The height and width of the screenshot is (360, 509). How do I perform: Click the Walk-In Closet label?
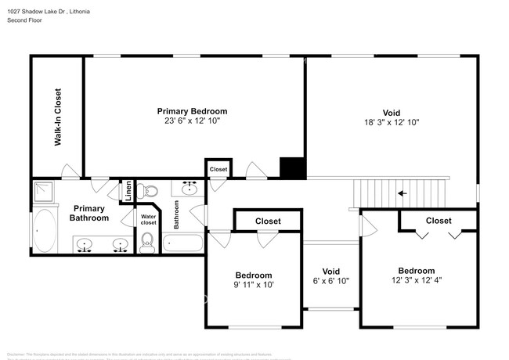click(x=58, y=118)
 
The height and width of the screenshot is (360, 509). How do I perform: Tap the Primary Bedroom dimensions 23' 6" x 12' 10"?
click(x=192, y=121)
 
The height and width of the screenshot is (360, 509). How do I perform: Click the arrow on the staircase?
click(x=403, y=193)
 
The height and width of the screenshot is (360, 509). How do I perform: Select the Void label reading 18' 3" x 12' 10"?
click(x=392, y=122)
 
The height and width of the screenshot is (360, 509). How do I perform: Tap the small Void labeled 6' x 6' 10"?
click(x=330, y=280)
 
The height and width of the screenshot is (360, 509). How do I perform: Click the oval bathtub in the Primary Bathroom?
click(x=45, y=230)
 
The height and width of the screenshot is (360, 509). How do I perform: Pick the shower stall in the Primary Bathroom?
click(x=43, y=190)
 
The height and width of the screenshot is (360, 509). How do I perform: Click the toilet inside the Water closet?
click(x=146, y=243)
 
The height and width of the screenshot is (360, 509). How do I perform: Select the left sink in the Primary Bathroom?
click(x=85, y=246)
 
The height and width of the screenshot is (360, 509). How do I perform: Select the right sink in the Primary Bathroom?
click(x=120, y=246)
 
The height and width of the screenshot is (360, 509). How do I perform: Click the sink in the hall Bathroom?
click(x=190, y=188)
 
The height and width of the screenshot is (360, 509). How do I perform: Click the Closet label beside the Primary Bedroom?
click(x=218, y=169)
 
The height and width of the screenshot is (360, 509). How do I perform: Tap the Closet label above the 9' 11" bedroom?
click(x=268, y=221)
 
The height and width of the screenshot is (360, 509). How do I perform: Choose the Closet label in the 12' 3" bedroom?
click(x=438, y=221)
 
